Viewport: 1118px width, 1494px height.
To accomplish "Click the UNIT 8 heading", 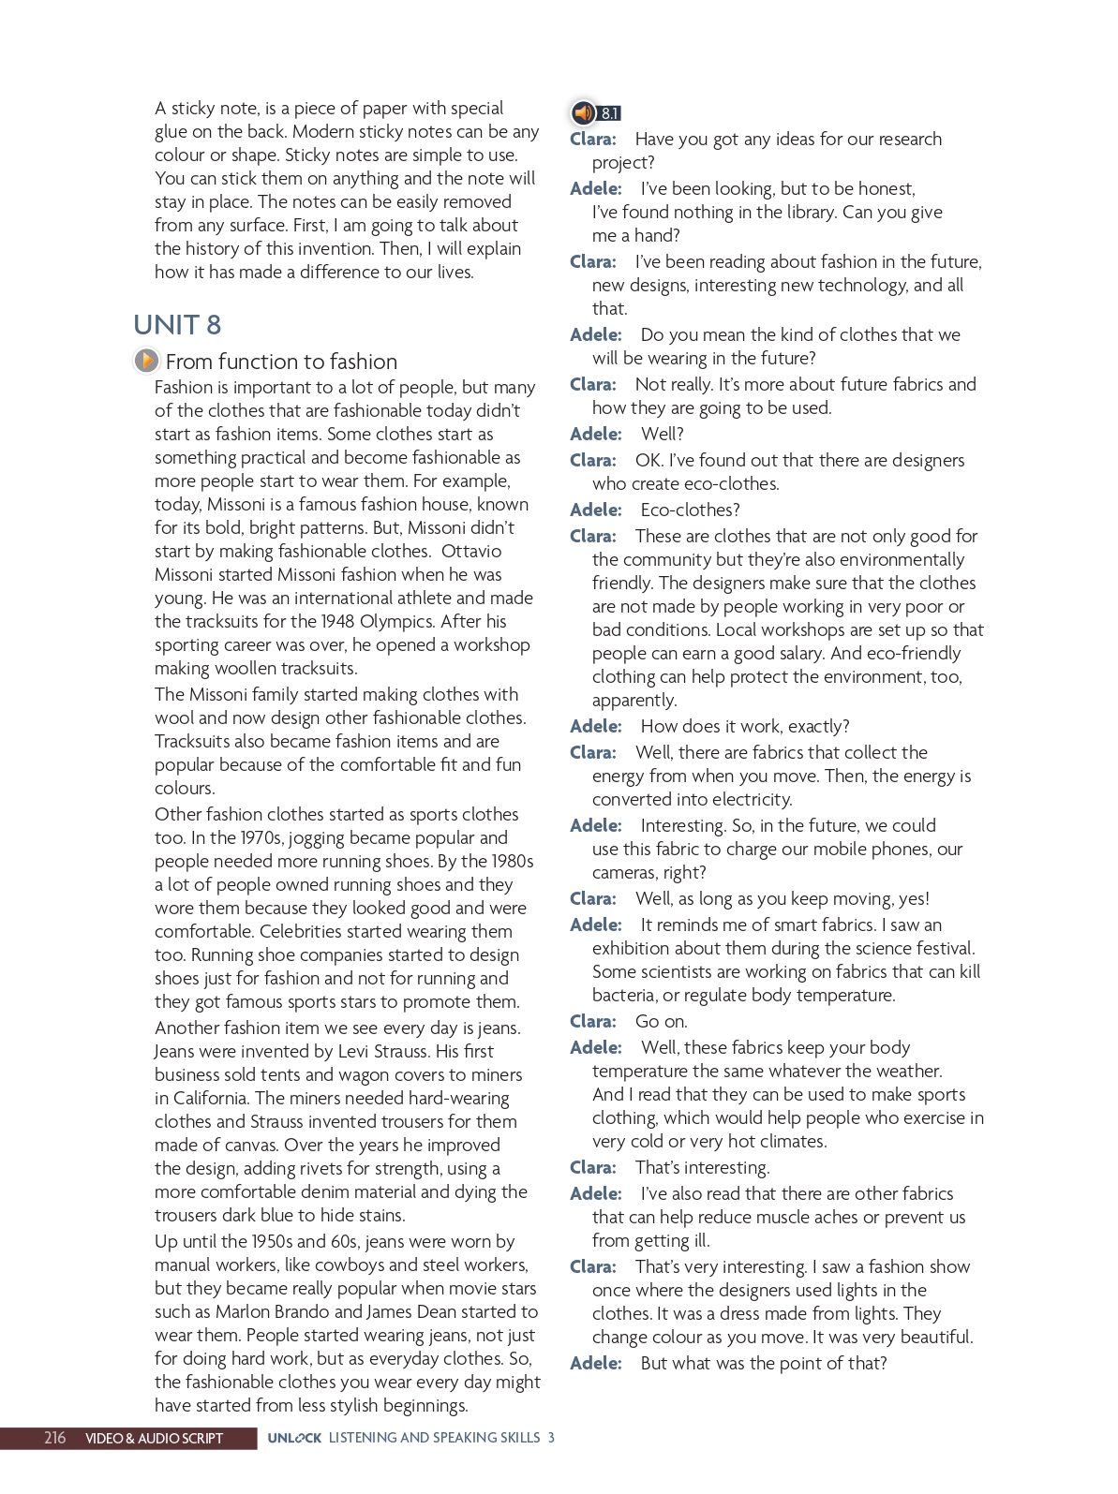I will tap(177, 325).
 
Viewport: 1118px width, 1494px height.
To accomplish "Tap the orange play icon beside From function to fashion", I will tap(146, 361).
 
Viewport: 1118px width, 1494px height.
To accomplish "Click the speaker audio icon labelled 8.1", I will tap(584, 113).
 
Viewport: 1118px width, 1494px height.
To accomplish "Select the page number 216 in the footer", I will tap(55, 1438).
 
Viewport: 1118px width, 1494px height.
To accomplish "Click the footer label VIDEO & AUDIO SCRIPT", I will tap(154, 1439).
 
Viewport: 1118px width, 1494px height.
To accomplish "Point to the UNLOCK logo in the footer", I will tap(294, 1439).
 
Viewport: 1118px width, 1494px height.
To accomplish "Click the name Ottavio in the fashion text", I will tap(471, 551).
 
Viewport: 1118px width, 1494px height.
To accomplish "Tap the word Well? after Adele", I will tap(663, 434).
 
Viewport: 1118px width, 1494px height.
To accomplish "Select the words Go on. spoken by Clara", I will tap(661, 1021).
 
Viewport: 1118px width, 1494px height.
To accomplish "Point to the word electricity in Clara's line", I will tap(746, 799).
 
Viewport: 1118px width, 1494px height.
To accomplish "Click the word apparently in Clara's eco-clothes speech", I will tap(634, 700).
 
